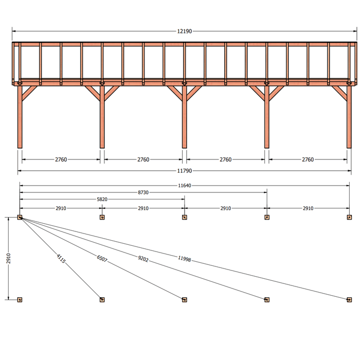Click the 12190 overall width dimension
(184, 31)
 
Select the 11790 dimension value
(184, 171)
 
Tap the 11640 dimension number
(184, 186)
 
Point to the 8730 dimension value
(143, 192)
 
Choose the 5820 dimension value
(102, 200)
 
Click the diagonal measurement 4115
(61, 259)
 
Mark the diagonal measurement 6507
(102, 259)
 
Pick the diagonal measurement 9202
(143, 259)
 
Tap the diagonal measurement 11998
(184, 259)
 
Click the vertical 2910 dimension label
(9, 258)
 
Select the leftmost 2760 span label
(61, 159)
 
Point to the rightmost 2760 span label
(308, 159)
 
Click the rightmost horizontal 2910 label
(308, 208)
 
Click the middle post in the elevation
(184, 117)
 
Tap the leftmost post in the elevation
(20, 117)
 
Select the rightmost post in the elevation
(349, 117)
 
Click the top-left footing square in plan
(20, 217)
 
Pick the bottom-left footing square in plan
(20, 300)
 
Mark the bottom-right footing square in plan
(349, 300)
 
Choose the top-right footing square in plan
(349, 217)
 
